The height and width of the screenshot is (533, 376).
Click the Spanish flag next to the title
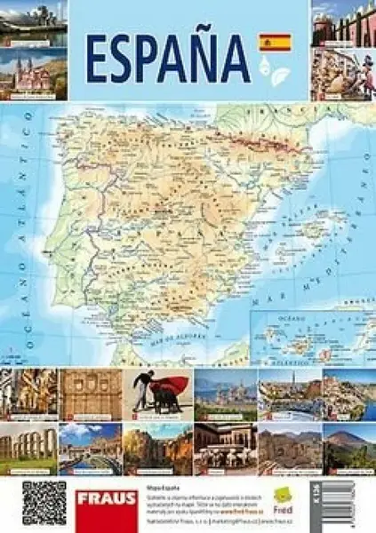[x=275, y=43]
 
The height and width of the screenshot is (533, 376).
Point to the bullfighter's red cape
[x=172, y=386]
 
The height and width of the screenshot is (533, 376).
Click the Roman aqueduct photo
[x=28, y=449]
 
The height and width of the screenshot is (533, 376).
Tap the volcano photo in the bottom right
[x=348, y=449]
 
